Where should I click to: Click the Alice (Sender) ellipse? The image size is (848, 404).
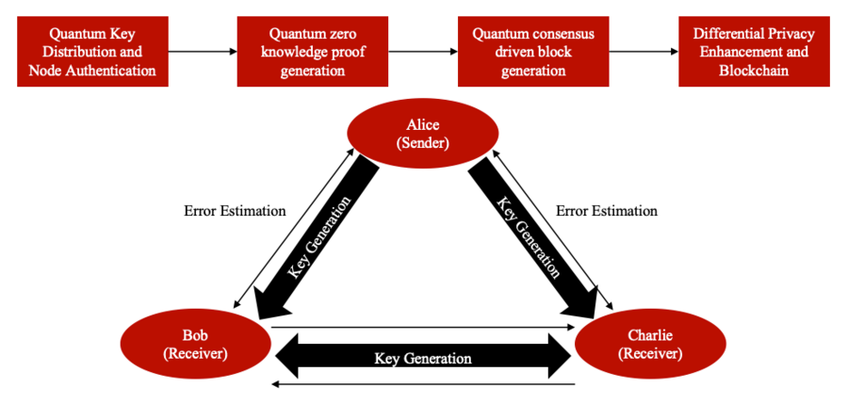click(424, 135)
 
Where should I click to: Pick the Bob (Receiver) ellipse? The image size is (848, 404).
click(189, 344)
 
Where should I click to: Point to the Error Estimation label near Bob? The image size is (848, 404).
click(235, 211)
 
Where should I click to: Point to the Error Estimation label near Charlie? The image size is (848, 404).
click(606, 211)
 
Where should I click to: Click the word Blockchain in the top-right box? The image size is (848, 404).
click(754, 71)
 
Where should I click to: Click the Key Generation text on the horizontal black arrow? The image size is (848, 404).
click(423, 358)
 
